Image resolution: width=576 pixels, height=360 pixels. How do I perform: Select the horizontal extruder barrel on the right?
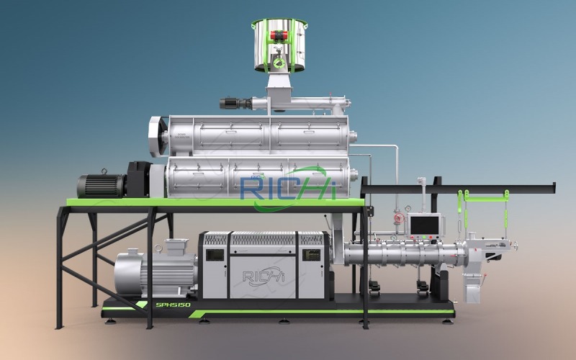pyautogui.click(x=403, y=253)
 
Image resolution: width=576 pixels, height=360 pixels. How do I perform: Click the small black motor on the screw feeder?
pyautogui.click(x=233, y=103)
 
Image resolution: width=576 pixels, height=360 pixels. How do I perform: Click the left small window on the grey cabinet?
pyautogui.click(x=214, y=254)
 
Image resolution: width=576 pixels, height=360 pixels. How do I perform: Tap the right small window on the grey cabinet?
pyautogui.click(x=311, y=254)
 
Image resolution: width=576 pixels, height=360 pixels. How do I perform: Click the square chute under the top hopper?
pyautogui.click(x=278, y=90)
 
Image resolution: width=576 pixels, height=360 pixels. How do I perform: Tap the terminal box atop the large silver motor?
pyautogui.click(x=174, y=247)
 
